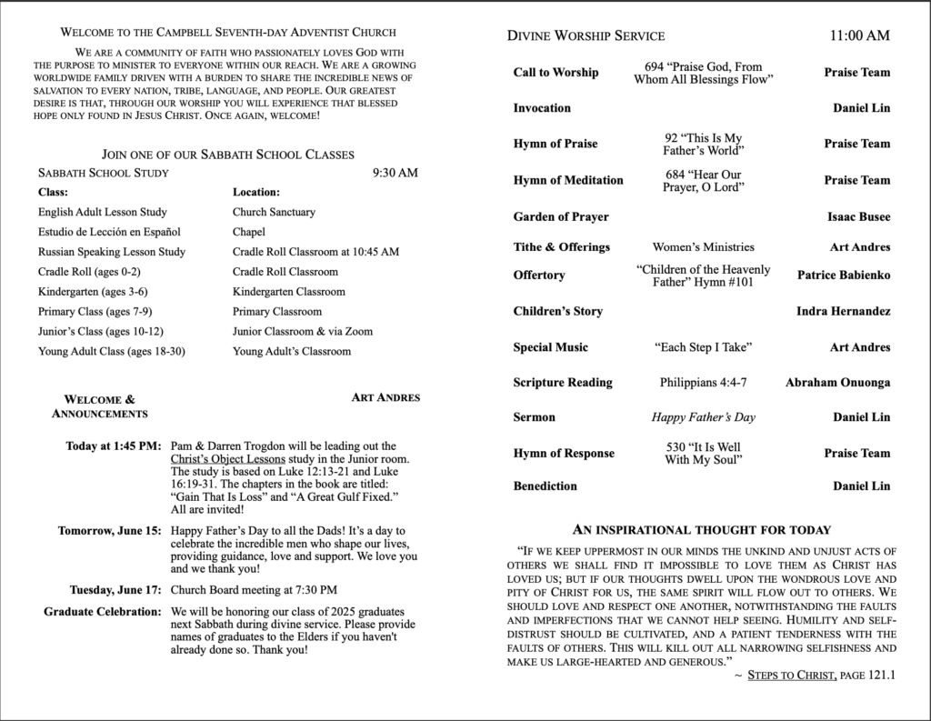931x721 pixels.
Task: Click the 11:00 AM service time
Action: (x=859, y=36)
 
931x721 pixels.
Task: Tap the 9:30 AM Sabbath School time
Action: (x=395, y=173)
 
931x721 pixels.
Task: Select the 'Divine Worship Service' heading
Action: (x=586, y=36)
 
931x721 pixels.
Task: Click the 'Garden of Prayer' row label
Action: (x=561, y=216)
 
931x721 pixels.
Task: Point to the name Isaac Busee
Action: (x=858, y=216)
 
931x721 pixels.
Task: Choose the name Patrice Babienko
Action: (x=844, y=275)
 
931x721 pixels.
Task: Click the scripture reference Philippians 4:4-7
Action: (x=703, y=383)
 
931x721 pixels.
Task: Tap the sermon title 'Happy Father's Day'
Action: (x=703, y=417)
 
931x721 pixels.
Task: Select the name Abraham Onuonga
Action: (x=837, y=383)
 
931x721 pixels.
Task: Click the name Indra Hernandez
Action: (x=843, y=311)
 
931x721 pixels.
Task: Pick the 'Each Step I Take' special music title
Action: (x=703, y=347)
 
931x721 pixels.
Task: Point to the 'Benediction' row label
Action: (x=545, y=486)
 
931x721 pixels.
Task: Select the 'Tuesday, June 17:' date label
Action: (x=115, y=589)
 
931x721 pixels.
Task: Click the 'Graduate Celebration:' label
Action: (x=103, y=611)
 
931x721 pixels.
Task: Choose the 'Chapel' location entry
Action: (x=249, y=232)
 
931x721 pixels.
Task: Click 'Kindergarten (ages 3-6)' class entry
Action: (x=93, y=292)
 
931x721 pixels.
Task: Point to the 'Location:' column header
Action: (x=256, y=193)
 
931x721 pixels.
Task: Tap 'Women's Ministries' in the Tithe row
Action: (x=703, y=246)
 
